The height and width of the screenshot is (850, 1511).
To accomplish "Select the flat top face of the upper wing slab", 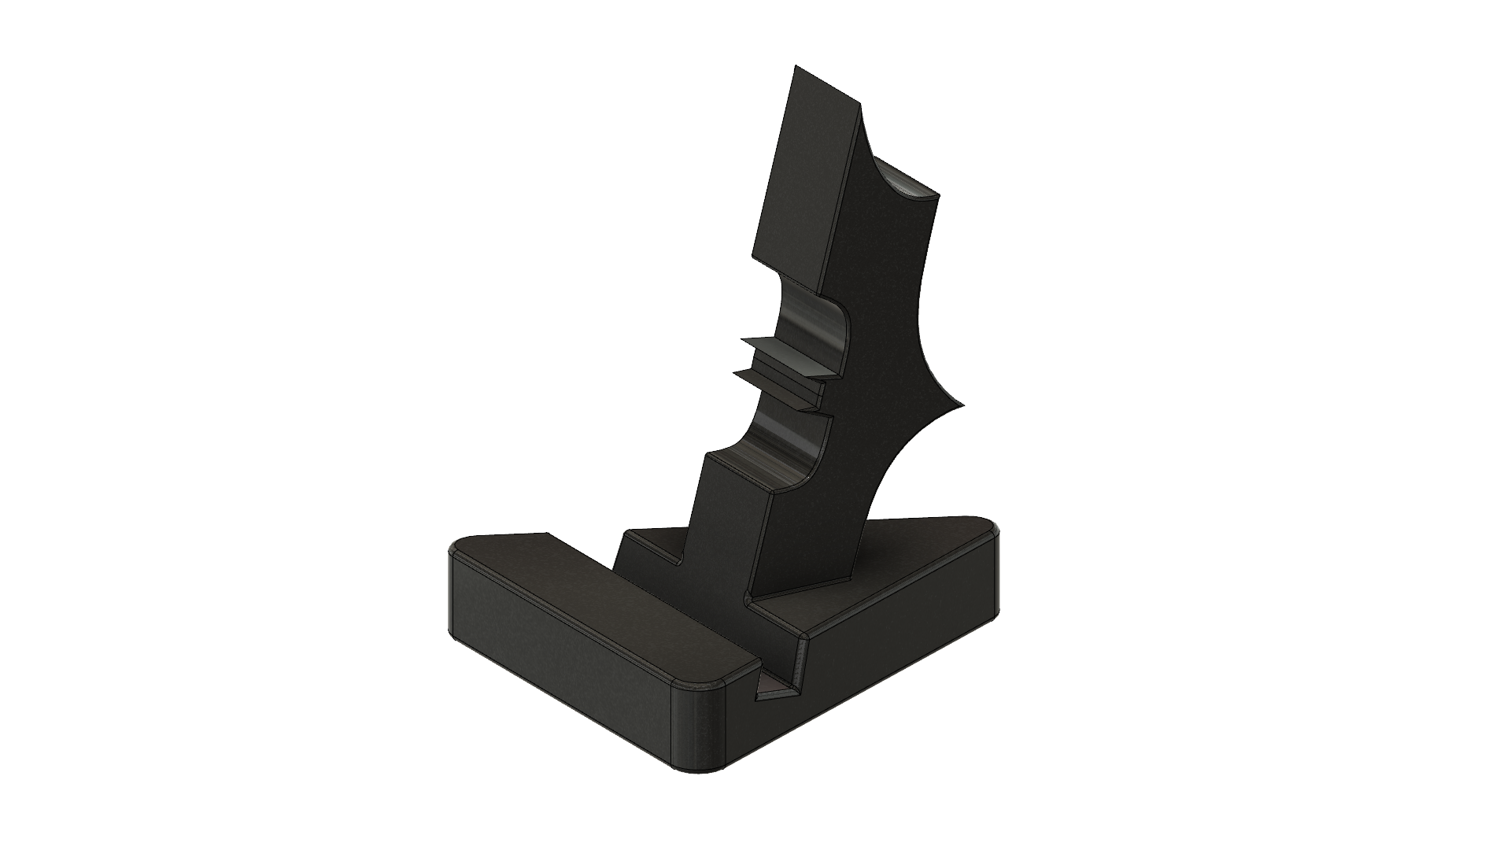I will [826, 94].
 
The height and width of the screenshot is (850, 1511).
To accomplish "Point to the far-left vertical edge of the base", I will [450, 590].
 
